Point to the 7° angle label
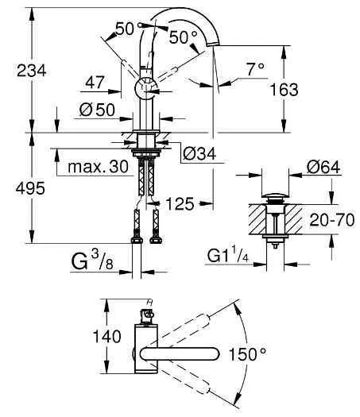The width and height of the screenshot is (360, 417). tap(254, 70)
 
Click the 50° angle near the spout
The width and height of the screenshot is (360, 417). tap(182, 36)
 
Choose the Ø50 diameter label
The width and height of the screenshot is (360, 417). tap(96, 108)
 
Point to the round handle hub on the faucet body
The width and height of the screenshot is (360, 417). tap(146, 88)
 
